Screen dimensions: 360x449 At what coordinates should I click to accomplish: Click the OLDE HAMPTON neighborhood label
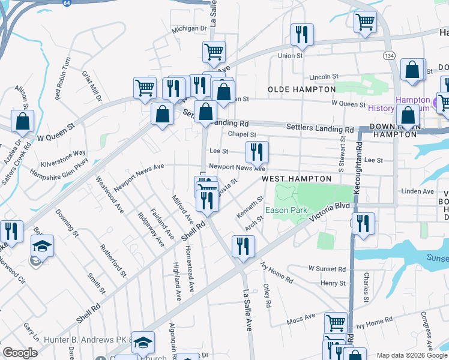pyautogui.click(x=301, y=89)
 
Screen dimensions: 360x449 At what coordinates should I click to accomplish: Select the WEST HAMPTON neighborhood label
pyautogui.click(x=297, y=179)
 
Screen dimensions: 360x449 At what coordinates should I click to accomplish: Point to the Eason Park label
pyautogui.click(x=286, y=211)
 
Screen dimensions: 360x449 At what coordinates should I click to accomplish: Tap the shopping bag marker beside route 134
pyautogui.click(x=412, y=70)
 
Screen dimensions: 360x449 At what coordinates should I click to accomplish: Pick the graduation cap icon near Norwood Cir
pyautogui.click(x=41, y=246)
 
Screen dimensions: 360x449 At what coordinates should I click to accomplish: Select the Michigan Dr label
pyautogui.click(x=189, y=28)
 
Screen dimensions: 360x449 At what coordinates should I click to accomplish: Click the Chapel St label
pyautogui.click(x=242, y=135)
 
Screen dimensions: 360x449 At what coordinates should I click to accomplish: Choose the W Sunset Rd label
pyautogui.click(x=327, y=269)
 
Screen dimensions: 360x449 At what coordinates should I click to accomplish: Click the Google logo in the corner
pyautogui.click(x=20, y=353)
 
